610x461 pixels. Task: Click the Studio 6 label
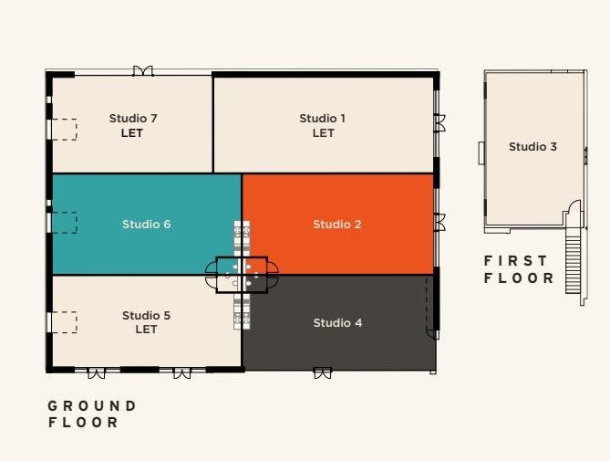(x=146, y=225)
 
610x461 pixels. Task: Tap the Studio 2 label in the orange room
(x=337, y=225)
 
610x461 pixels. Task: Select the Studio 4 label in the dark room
(x=337, y=323)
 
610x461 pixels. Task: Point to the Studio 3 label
(x=532, y=147)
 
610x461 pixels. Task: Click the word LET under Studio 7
(x=132, y=133)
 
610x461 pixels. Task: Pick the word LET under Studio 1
(x=324, y=133)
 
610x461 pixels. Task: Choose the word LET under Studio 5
(x=146, y=330)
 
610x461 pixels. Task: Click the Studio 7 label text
(x=133, y=119)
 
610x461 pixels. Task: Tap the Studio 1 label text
(x=323, y=119)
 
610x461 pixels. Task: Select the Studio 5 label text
(x=146, y=315)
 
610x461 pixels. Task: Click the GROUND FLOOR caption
(x=92, y=414)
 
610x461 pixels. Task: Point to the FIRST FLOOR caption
(x=519, y=269)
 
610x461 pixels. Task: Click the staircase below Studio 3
(x=573, y=261)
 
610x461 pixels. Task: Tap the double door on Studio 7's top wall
(x=143, y=71)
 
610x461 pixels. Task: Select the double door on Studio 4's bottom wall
(x=323, y=373)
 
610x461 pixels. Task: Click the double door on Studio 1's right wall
(x=440, y=123)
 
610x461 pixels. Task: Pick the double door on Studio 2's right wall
(x=440, y=223)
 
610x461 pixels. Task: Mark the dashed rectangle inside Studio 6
(x=64, y=223)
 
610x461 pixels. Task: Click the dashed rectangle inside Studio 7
(x=64, y=130)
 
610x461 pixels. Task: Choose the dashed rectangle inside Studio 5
(x=64, y=322)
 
